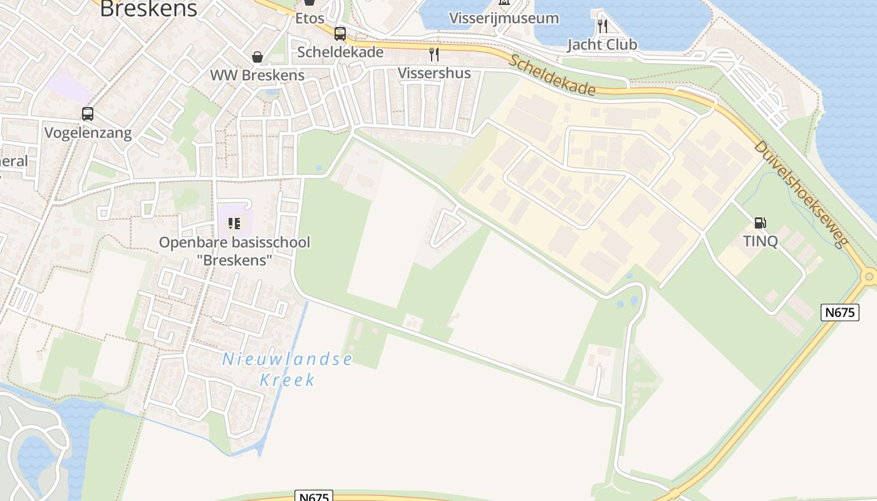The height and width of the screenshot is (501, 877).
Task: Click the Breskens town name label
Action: [x=148, y=9]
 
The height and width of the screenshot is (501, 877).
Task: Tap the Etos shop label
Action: [x=309, y=18]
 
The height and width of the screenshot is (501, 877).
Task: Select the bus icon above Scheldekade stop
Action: [x=340, y=34]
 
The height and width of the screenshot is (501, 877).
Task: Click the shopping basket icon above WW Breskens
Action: [x=257, y=57]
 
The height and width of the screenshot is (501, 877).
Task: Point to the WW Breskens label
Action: [x=257, y=75]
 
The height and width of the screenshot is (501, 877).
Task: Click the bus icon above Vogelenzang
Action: [x=88, y=114]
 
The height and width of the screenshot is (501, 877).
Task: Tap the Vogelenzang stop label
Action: [x=88, y=133]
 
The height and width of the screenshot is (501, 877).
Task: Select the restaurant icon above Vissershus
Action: [x=433, y=54]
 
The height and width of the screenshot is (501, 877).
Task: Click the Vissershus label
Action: [x=434, y=73]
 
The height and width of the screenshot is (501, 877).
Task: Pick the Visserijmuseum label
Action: [x=504, y=18]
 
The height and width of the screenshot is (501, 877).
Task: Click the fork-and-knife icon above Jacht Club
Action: [x=602, y=26]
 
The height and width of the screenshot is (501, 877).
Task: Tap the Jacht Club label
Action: [x=602, y=44]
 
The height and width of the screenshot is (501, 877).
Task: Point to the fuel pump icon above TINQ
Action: [x=760, y=222]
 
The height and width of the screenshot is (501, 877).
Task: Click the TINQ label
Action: [x=760, y=241]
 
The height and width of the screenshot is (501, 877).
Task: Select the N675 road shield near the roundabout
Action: [x=839, y=312]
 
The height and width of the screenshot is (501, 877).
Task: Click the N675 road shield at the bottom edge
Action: [x=313, y=497]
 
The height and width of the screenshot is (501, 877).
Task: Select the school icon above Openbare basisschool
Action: [x=234, y=223]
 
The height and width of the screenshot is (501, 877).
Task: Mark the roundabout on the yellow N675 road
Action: [x=869, y=276]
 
